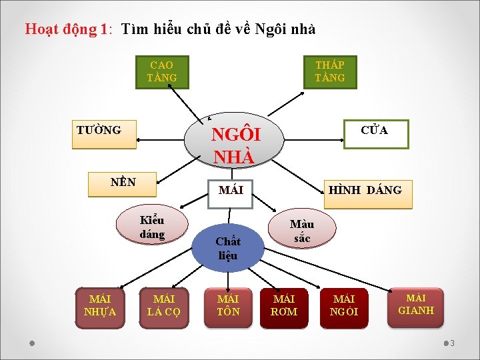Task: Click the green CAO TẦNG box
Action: [161, 72]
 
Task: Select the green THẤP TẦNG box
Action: [330, 72]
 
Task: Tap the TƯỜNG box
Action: [104, 133]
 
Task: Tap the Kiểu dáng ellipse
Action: [152, 227]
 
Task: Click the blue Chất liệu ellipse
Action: [228, 247]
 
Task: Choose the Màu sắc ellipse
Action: [302, 231]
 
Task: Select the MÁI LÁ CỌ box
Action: [164, 307]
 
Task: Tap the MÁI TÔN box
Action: [228, 307]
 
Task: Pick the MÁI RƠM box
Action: [285, 307]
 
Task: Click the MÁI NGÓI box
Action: [345, 307]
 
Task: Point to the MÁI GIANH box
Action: [416, 306]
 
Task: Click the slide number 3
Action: [452, 343]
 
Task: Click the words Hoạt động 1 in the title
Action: [67, 29]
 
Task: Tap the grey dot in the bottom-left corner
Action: [32, 343]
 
